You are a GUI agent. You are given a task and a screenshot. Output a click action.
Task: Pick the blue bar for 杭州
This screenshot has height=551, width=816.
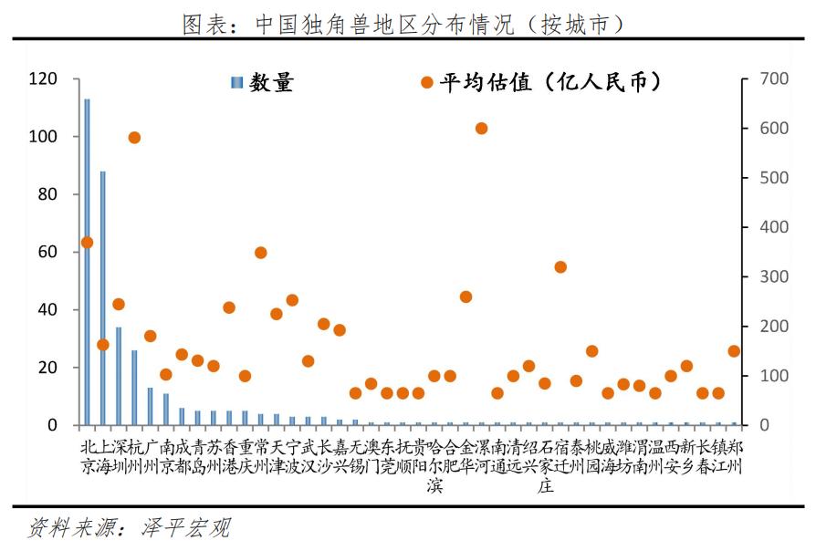134,388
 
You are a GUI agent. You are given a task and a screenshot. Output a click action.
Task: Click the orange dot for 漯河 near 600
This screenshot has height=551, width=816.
482,128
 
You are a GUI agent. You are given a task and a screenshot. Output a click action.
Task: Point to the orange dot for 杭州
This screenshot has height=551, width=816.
134,138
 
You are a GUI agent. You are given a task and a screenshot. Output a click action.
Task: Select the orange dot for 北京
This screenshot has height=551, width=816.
87,243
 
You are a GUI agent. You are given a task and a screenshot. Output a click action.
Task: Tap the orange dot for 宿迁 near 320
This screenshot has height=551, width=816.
560,267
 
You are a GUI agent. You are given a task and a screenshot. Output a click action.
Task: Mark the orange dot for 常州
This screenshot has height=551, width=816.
260,253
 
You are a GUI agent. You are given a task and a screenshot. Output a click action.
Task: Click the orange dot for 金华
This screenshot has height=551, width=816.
466,296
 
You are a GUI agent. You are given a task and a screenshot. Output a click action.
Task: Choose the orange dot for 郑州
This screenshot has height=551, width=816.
734,351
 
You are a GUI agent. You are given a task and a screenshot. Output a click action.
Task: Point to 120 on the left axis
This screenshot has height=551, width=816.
44,79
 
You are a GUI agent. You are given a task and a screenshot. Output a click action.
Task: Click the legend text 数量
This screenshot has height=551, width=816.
273,83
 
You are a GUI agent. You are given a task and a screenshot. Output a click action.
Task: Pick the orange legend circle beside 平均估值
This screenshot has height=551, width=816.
426,83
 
